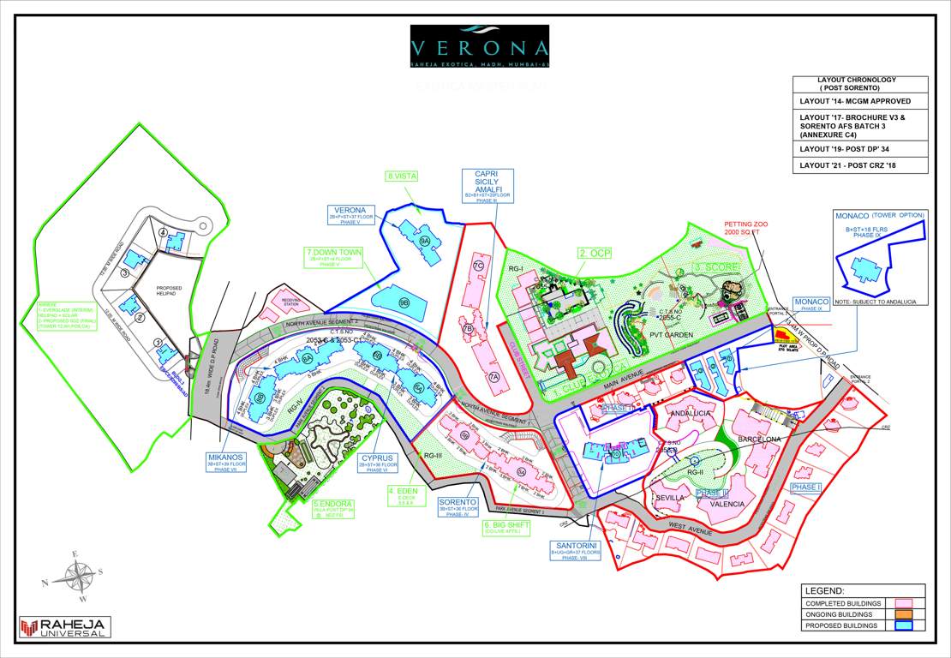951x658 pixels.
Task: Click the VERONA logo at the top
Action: (x=479, y=46)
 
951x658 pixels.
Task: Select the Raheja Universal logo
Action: (x=65, y=627)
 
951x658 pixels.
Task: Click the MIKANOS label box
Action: (x=225, y=462)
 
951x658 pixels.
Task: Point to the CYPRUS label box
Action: (x=377, y=463)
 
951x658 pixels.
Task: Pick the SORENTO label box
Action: (x=458, y=505)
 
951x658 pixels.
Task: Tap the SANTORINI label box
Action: (x=574, y=548)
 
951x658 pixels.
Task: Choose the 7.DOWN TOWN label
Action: (x=334, y=256)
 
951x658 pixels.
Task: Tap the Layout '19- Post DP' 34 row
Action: (x=859, y=147)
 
